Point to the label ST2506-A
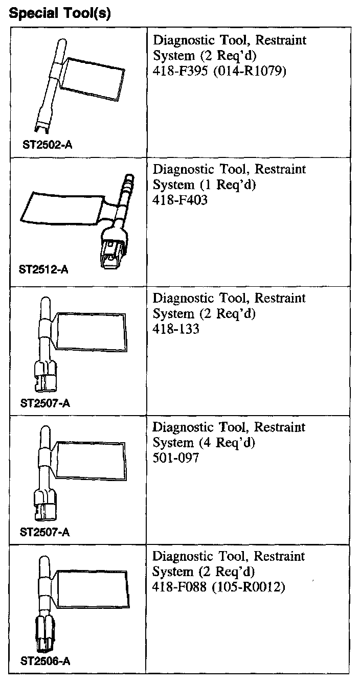45,661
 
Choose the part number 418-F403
181,200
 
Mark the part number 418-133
176,329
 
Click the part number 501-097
176,458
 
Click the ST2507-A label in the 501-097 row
45,532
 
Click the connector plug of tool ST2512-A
112,250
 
